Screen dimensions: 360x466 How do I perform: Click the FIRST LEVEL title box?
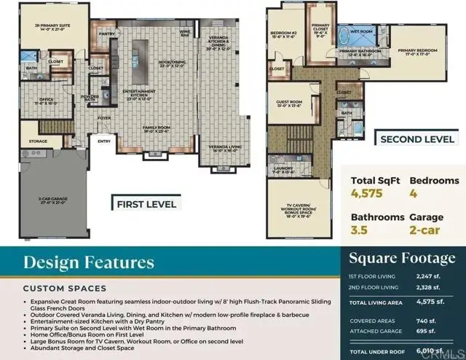pos(146,204)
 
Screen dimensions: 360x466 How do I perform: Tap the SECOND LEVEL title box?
pos(418,138)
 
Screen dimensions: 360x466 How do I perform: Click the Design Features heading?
pos(88,262)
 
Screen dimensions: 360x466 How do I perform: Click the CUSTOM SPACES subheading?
pos(64,288)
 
